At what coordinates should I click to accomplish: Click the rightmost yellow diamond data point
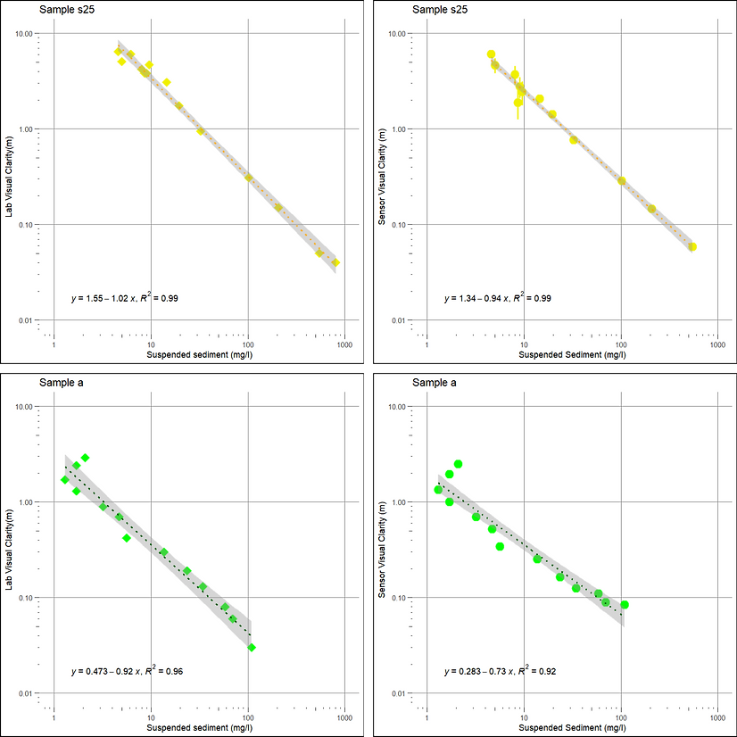click(x=335, y=262)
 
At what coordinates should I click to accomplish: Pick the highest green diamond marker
click(x=85, y=458)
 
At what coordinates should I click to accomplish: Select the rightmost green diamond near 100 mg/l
click(x=252, y=647)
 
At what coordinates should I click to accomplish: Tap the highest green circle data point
click(x=458, y=464)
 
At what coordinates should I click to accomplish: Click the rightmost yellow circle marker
click(x=692, y=246)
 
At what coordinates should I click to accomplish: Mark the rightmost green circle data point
click(x=625, y=605)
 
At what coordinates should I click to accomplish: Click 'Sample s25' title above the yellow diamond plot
click(x=63, y=10)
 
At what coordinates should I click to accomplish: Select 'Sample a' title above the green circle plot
click(x=435, y=383)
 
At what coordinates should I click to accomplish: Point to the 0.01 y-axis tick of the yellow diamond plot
click(x=25, y=320)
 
